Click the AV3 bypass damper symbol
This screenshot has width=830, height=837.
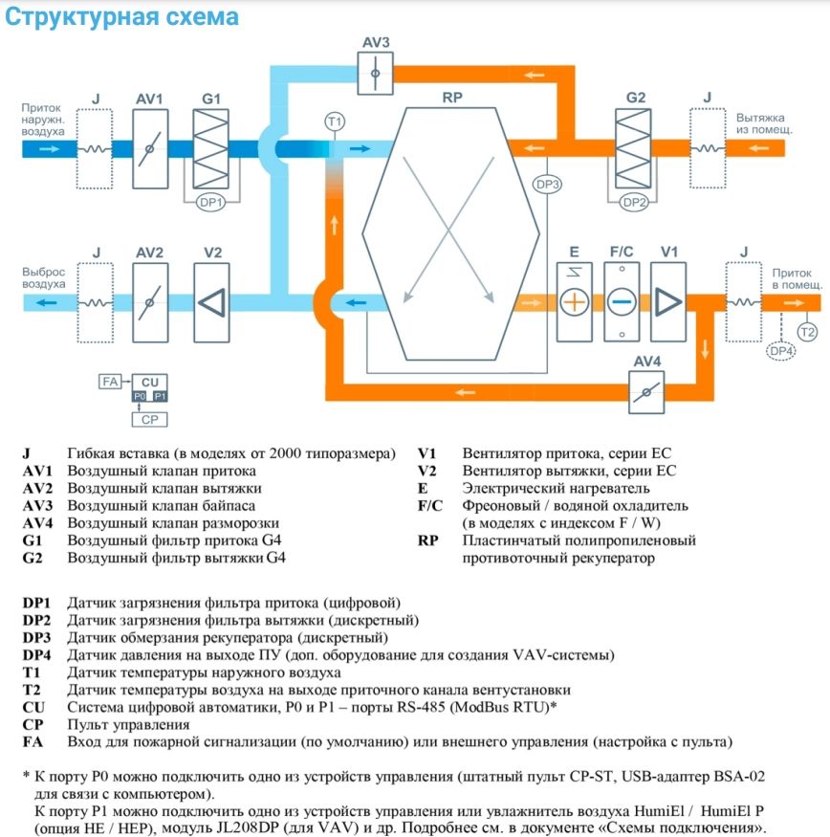pos(376,73)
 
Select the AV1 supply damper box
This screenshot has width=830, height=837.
pos(149,147)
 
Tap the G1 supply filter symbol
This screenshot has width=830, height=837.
pos(211,147)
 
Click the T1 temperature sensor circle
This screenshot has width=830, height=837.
pos(334,121)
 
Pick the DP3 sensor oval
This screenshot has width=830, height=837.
pos(547,184)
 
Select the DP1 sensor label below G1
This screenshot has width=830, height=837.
pos(209,202)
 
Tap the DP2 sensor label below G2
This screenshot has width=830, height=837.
pos(635,202)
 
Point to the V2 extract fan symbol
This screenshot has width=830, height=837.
pos(212,301)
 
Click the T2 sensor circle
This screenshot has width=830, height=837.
pos(806,332)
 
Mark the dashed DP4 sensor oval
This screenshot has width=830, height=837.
pos(781,352)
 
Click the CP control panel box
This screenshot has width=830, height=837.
pos(149,419)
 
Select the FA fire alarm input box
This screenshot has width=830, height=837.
pos(109,382)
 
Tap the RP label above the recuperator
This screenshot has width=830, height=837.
pos(451,98)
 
